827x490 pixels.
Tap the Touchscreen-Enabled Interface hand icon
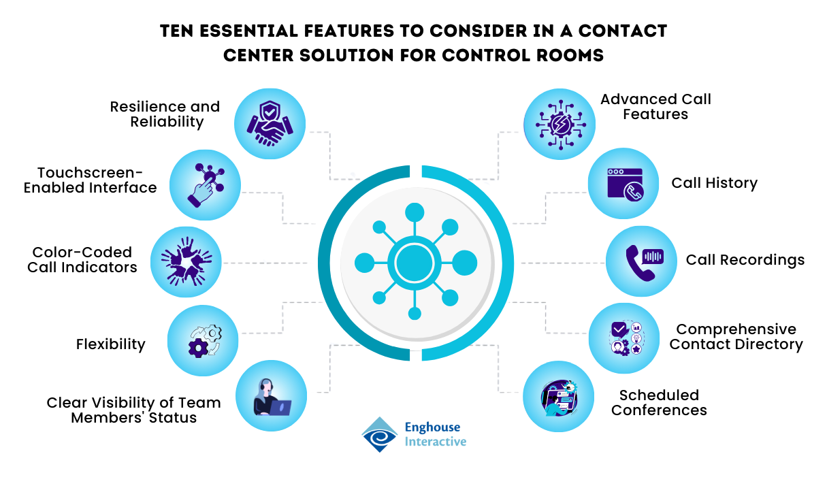click(204, 184)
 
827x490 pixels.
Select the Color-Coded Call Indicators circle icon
click(186, 261)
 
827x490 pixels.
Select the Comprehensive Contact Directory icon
click(624, 338)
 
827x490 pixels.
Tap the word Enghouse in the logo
click(432, 427)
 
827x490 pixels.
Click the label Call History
click(714, 183)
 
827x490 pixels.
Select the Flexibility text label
click(110, 344)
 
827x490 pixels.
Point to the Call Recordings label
click(745, 260)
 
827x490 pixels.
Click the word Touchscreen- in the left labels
click(91, 173)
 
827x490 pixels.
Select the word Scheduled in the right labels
click(659, 395)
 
